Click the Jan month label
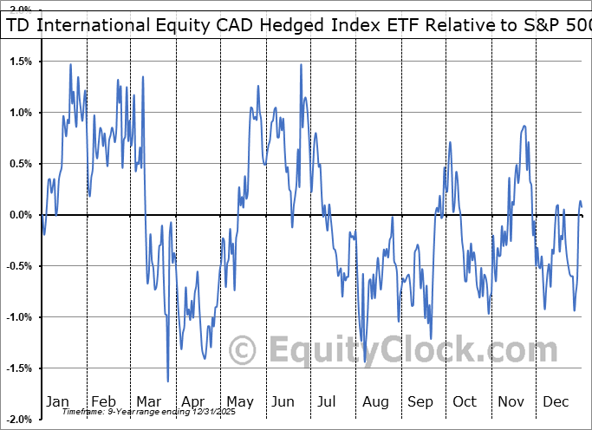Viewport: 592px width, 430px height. [x=57, y=402]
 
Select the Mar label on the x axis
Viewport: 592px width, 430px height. [x=148, y=402]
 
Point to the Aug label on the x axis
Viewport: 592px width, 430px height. [x=376, y=402]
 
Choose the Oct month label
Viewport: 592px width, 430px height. [x=465, y=402]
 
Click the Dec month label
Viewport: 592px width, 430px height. [x=555, y=402]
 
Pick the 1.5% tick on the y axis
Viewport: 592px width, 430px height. [x=21, y=62]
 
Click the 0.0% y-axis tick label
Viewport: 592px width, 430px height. [x=21, y=215]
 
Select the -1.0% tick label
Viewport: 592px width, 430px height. [x=19, y=317]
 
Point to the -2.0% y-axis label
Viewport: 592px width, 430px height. [x=19, y=420]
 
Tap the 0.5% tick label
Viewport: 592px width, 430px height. [x=21, y=164]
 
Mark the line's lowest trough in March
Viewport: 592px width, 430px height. [x=167, y=381]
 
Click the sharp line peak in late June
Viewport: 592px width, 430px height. [x=301, y=64]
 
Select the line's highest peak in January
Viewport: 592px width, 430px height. [x=70, y=64]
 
